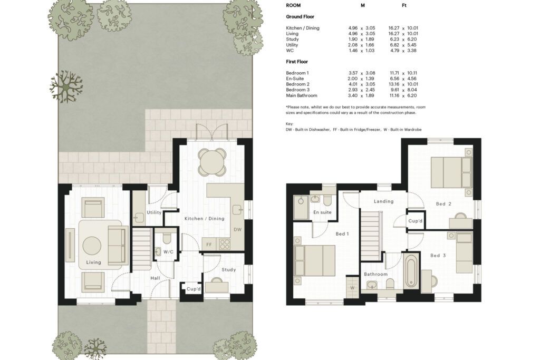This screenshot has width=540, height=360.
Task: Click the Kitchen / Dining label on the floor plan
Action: pos(204,219)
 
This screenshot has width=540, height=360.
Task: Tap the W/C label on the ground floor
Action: pos(168,252)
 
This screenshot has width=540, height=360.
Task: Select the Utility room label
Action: pos(154,213)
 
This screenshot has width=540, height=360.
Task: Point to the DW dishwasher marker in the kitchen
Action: pos(238,230)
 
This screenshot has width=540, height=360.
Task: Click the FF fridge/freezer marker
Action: pos(209,245)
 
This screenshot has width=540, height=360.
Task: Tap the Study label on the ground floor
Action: pos(229,270)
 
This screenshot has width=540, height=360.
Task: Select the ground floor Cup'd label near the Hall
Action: pos(194,289)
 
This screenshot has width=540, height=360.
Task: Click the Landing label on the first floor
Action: pos(384,201)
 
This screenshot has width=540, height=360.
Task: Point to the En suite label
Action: pos(322,212)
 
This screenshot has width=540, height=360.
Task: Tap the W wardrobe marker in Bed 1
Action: pos(352,288)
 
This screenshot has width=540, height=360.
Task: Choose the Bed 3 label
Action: pos(438,255)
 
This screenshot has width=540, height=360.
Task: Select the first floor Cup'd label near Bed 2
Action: pos(416,221)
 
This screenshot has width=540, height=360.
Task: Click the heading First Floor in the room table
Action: pos(297,62)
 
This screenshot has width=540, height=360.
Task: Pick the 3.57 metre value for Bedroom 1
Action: pos(353,73)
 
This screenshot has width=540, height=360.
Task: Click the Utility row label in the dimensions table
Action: pos(292,45)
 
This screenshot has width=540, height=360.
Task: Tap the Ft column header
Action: pos(404,5)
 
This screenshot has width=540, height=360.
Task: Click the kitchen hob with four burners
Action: pos(225,244)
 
